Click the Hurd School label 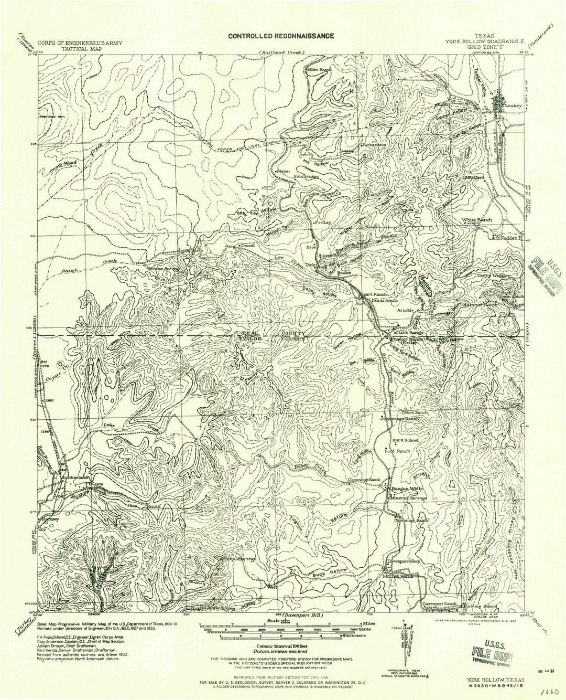click(x=406, y=440)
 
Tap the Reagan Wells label click(x=408, y=488)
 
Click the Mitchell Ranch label click(x=399, y=576)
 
